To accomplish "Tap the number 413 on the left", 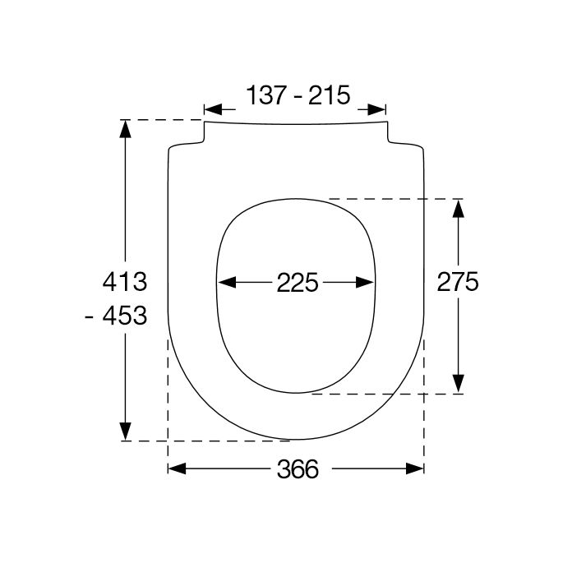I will click(x=123, y=282).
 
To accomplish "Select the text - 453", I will click(x=117, y=315).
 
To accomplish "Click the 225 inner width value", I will click(x=297, y=283).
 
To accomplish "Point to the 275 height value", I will click(x=457, y=282).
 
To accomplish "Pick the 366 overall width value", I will click(x=297, y=468).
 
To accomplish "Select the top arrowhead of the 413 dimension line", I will click(x=125, y=128).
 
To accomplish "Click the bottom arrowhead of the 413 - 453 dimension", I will click(x=125, y=432).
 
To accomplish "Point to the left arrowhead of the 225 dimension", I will click(x=224, y=283).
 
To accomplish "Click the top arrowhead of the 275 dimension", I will click(x=458, y=207).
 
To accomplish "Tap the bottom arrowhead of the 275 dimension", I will click(x=458, y=385).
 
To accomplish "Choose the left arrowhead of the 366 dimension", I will click(x=176, y=468).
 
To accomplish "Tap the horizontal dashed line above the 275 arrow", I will click(x=395, y=199).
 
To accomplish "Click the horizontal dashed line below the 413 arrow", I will click(x=205, y=441).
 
